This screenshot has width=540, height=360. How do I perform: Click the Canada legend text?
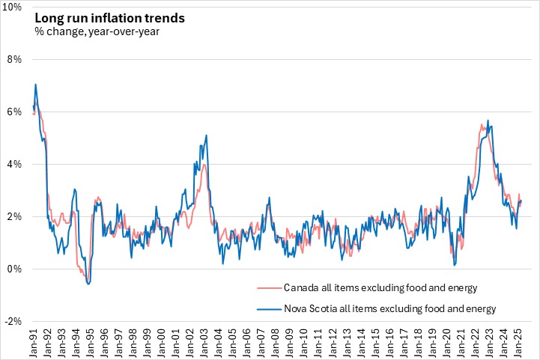[x=380, y=287]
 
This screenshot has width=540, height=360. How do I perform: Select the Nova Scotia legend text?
[x=389, y=308]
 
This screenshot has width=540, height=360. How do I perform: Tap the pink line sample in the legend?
[x=267, y=287]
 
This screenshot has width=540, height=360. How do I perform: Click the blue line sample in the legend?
[x=267, y=308]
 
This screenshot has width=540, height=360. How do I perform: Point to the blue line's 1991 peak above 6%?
[x=35, y=85]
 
